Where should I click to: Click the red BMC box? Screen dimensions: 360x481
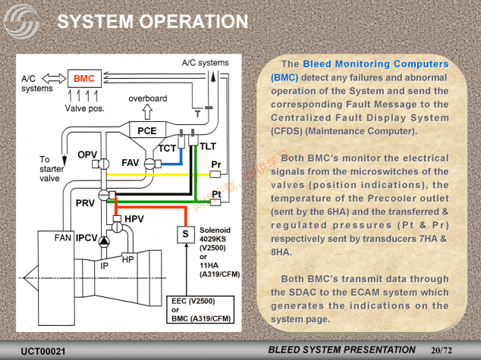click(x=83, y=78)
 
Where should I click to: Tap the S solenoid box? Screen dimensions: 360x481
click(x=184, y=234)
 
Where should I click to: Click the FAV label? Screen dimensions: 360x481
click(x=130, y=163)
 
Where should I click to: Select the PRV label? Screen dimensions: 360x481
click(x=85, y=203)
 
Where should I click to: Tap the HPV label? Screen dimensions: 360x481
click(x=134, y=219)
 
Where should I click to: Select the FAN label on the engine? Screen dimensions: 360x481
click(x=63, y=238)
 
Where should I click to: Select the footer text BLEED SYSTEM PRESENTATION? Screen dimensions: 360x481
click(x=343, y=349)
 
